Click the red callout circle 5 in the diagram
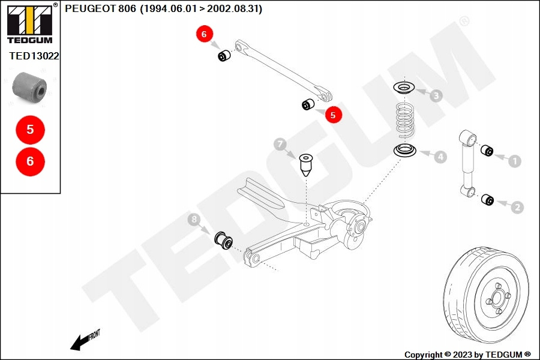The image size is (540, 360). [334, 114]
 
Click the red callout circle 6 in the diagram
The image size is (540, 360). [204, 35]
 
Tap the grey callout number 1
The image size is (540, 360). [514, 160]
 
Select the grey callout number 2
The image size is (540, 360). [517, 208]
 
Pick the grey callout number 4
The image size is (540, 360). [440, 157]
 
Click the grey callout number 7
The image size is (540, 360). [280, 144]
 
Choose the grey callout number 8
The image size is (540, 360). [194, 220]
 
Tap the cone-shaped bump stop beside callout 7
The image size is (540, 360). [307, 164]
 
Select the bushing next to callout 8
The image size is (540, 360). [224, 239]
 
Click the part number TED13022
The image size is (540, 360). [34, 55]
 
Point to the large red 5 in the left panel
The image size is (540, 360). [30, 129]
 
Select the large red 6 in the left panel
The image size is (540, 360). [30, 161]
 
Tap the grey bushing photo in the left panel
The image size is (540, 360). [30, 86]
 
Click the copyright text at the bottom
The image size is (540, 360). [467, 355]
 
